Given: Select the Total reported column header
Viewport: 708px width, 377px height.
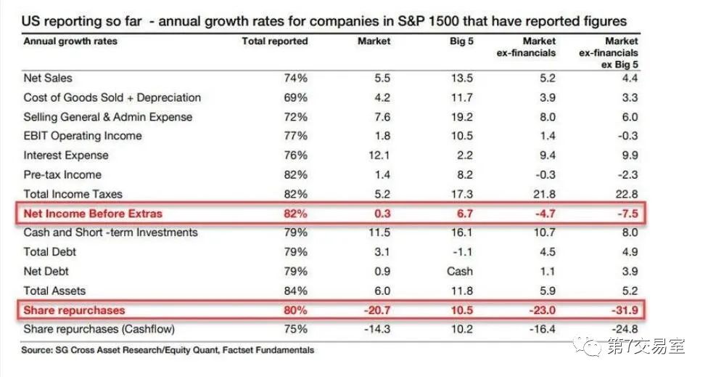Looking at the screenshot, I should pyautogui.click(x=274, y=41).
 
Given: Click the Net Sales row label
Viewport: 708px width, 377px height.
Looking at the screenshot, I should pyautogui.click(x=48, y=78).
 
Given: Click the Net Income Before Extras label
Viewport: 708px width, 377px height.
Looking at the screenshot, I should pyautogui.click(x=93, y=214).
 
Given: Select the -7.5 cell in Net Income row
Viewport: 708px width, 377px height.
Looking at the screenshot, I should pyautogui.click(x=626, y=214).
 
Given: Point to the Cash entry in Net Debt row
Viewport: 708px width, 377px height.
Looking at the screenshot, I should pyautogui.click(x=460, y=272).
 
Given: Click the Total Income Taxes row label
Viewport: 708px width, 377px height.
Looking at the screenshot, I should pyautogui.click(x=73, y=194).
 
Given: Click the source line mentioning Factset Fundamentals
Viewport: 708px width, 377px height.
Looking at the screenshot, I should pyautogui.click(x=168, y=350).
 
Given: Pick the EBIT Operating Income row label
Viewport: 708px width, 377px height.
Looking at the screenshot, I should pyautogui.click(x=83, y=136).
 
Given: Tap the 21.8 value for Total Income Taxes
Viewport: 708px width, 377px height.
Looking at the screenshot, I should pyautogui.click(x=543, y=194).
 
